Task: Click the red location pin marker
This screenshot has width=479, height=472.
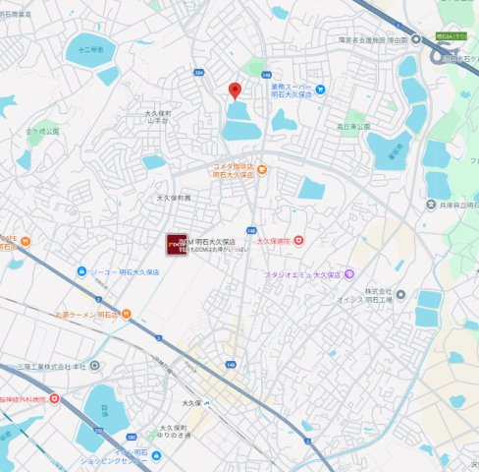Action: (x=235, y=91)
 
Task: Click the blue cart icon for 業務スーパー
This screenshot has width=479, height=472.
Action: (x=320, y=89)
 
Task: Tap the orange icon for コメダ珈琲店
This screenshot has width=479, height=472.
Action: (x=262, y=170)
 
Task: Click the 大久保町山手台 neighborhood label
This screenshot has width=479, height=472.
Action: (x=157, y=117)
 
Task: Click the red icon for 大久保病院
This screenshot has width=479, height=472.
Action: (x=298, y=239)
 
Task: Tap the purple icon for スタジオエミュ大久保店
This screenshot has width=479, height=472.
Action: (x=348, y=274)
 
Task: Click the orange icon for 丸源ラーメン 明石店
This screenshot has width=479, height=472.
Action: (x=126, y=316)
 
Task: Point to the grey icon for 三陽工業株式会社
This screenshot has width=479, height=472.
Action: (x=94, y=365)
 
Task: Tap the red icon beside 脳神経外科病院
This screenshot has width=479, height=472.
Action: (x=55, y=399)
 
